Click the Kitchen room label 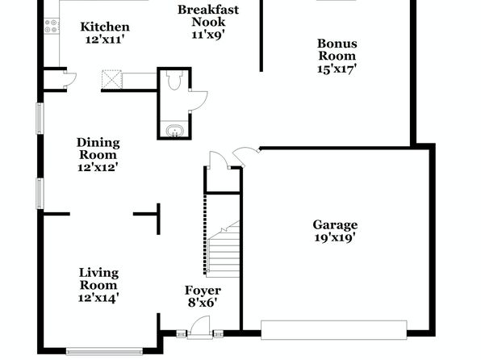[105, 27]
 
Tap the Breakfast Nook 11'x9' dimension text [208, 35]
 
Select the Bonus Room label [337, 49]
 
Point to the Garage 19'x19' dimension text [335, 237]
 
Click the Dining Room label [98, 149]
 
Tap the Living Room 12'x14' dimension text [98, 298]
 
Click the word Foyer [203, 291]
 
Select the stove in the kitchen [51, 26]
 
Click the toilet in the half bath [174, 80]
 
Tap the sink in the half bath [174, 131]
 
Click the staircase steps [224, 249]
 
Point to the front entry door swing [199, 326]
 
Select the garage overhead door [334, 330]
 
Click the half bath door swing [199, 101]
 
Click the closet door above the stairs [218, 160]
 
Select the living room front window [105, 351]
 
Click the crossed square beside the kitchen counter [111, 79]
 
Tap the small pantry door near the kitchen [70, 78]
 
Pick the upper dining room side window [40, 119]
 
